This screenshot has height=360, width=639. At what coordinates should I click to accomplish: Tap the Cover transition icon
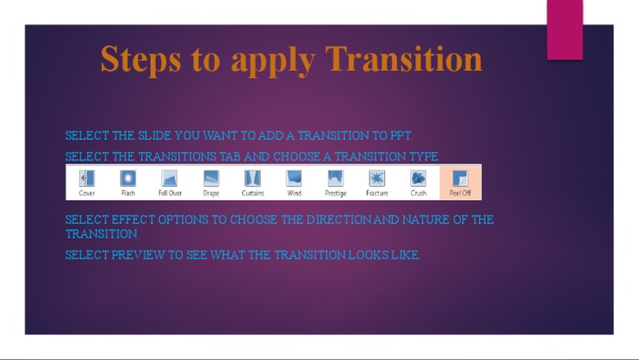click(87, 178)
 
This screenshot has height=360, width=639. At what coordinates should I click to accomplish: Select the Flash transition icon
click(128, 178)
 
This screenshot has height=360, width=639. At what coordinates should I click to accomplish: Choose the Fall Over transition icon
click(170, 178)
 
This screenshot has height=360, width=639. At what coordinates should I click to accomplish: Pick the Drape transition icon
click(211, 178)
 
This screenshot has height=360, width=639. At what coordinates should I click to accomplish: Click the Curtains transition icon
click(253, 178)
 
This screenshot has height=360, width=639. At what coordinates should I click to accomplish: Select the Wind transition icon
click(295, 178)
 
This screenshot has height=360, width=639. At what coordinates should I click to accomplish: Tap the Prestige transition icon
click(335, 178)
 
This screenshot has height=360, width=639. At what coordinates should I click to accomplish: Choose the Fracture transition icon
click(377, 178)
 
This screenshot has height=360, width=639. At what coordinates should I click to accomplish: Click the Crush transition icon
click(419, 178)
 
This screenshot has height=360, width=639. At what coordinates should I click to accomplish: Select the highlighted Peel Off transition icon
click(460, 178)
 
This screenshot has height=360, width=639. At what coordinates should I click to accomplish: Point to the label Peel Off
click(460, 194)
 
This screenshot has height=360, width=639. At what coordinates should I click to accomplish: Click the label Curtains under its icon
click(253, 194)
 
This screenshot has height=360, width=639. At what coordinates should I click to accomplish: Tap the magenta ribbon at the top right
click(564, 29)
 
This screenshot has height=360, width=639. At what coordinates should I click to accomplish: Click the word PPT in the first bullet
click(401, 136)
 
